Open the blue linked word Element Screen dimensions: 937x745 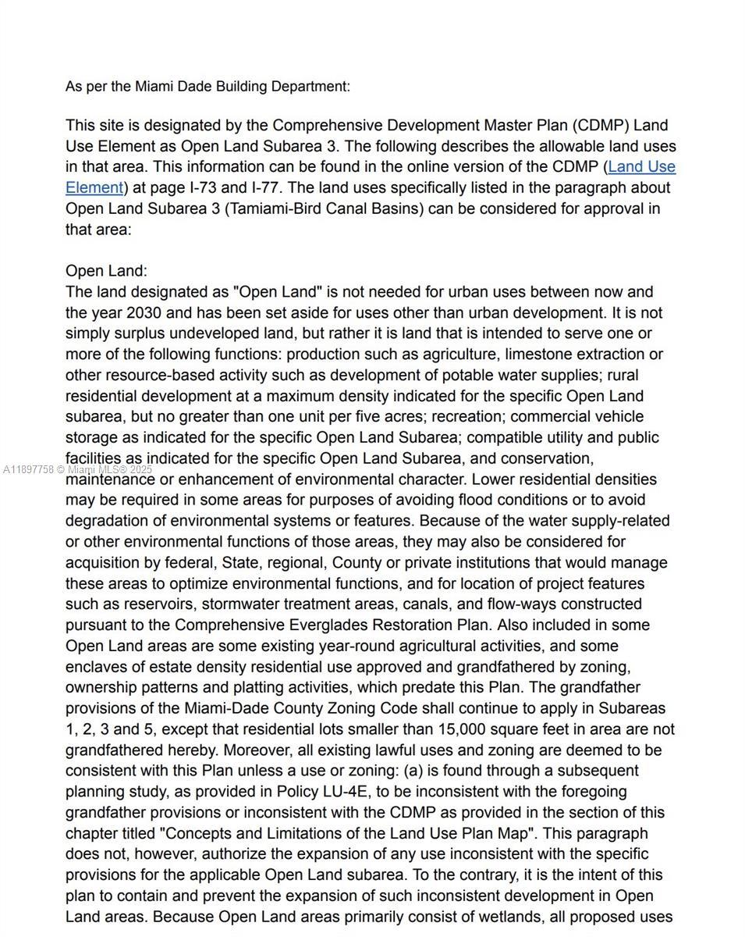(94, 187)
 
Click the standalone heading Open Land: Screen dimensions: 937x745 (106, 271)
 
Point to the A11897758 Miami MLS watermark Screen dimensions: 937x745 (78, 469)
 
